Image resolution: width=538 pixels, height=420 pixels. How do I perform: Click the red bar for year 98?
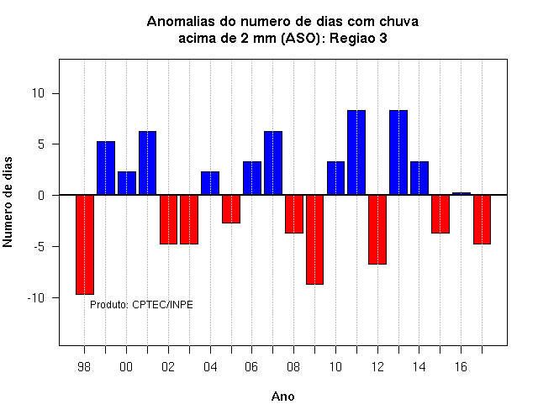point(85,244)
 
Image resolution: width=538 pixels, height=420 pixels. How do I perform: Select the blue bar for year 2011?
point(356,153)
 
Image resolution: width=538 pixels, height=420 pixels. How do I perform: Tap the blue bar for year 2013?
point(398,153)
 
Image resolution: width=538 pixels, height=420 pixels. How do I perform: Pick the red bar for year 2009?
point(314,239)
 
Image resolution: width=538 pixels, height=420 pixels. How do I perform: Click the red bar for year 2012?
point(377,229)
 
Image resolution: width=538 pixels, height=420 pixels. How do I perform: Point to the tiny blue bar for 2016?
point(462,194)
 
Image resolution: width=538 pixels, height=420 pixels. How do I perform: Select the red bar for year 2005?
point(231,209)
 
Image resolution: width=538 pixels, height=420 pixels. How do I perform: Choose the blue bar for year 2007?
point(273,163)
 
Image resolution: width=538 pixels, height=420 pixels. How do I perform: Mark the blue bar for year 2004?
point(210,183)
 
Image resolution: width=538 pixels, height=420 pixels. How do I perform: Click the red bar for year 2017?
point(482,219)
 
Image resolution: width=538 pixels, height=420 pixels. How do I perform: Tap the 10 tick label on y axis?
point(39,93)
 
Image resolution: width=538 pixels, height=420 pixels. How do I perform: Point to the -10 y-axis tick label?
point(36,298)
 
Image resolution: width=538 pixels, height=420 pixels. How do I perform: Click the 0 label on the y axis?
point(41,196)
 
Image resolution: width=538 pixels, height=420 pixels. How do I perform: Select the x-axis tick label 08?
point(293,367)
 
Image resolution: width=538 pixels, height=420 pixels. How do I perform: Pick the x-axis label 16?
point(461,367)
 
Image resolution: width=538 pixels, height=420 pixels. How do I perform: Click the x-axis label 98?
point(84,367)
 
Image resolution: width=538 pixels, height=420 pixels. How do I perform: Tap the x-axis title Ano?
point(283,396)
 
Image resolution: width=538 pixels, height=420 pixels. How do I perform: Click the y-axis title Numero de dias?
point(8,202)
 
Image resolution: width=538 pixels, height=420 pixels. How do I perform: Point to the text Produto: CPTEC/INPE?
point(141,304)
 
